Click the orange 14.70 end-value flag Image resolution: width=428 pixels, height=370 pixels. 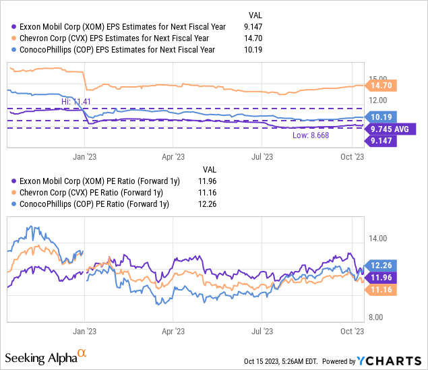381,86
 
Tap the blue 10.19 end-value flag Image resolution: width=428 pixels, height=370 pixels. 381,117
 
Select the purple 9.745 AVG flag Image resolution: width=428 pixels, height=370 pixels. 391,128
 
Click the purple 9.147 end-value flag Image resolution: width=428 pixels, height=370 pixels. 381,140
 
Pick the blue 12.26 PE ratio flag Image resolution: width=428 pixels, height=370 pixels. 381,266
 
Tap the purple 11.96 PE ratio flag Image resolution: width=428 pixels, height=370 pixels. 381,277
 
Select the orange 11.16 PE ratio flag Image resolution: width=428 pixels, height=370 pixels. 381,289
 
